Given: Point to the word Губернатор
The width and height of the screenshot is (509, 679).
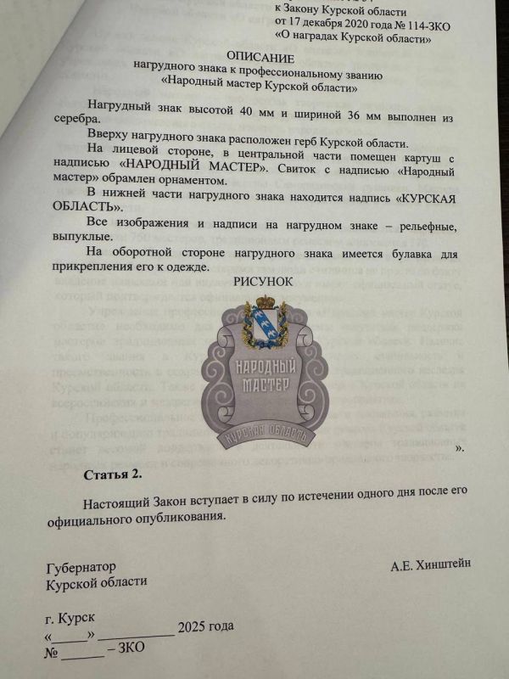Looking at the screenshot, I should (x=81, y=566).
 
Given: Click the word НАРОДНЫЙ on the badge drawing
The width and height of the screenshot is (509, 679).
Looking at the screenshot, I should (x=258, y=365).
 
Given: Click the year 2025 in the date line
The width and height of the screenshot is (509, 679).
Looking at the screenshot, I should (x=192, y=629).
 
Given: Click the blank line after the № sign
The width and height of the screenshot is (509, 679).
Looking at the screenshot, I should (x=83, y=650).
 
